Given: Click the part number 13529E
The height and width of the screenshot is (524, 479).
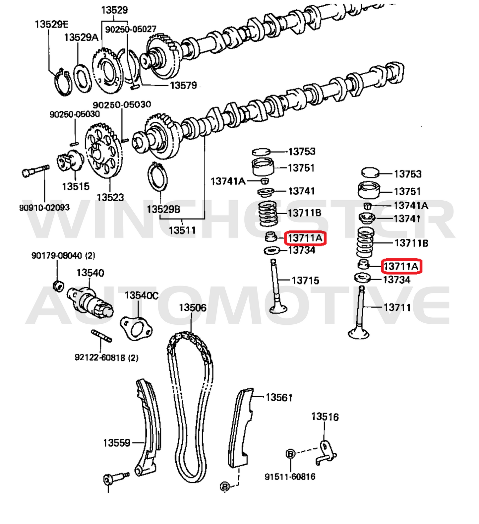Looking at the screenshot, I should point(51,24).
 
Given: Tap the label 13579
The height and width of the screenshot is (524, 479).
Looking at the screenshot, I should point(183,86).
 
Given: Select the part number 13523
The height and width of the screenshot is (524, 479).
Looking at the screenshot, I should point(110,198).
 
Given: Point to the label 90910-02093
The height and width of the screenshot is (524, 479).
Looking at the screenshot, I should point(44,208).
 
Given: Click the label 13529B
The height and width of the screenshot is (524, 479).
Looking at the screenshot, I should point(163,209).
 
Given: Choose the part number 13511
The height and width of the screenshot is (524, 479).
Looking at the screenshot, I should point(182,230).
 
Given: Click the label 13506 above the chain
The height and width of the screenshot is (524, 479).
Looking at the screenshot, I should point(193,308).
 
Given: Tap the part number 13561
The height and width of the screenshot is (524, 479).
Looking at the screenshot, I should point(279,397).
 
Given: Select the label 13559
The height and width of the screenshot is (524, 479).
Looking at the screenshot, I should point(117,443).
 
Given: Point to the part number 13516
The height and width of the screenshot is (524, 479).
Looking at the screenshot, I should point(325,417).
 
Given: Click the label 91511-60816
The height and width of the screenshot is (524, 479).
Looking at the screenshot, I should point(290,477).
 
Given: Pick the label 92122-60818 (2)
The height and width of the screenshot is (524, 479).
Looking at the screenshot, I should point(106,358).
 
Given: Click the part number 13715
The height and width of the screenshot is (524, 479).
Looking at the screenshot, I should point(305,281).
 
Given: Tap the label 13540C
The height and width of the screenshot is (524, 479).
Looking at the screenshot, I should point(142,295).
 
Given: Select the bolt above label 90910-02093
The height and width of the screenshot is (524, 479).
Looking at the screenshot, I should point(35,170).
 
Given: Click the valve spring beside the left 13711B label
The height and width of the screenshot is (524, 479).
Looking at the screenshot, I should point(268,214).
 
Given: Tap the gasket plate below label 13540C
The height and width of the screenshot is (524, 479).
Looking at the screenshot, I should point(136,328).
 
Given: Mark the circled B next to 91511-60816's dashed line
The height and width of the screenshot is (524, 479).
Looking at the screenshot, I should point(290,454).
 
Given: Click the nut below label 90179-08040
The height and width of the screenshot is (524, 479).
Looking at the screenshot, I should point(59,286).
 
